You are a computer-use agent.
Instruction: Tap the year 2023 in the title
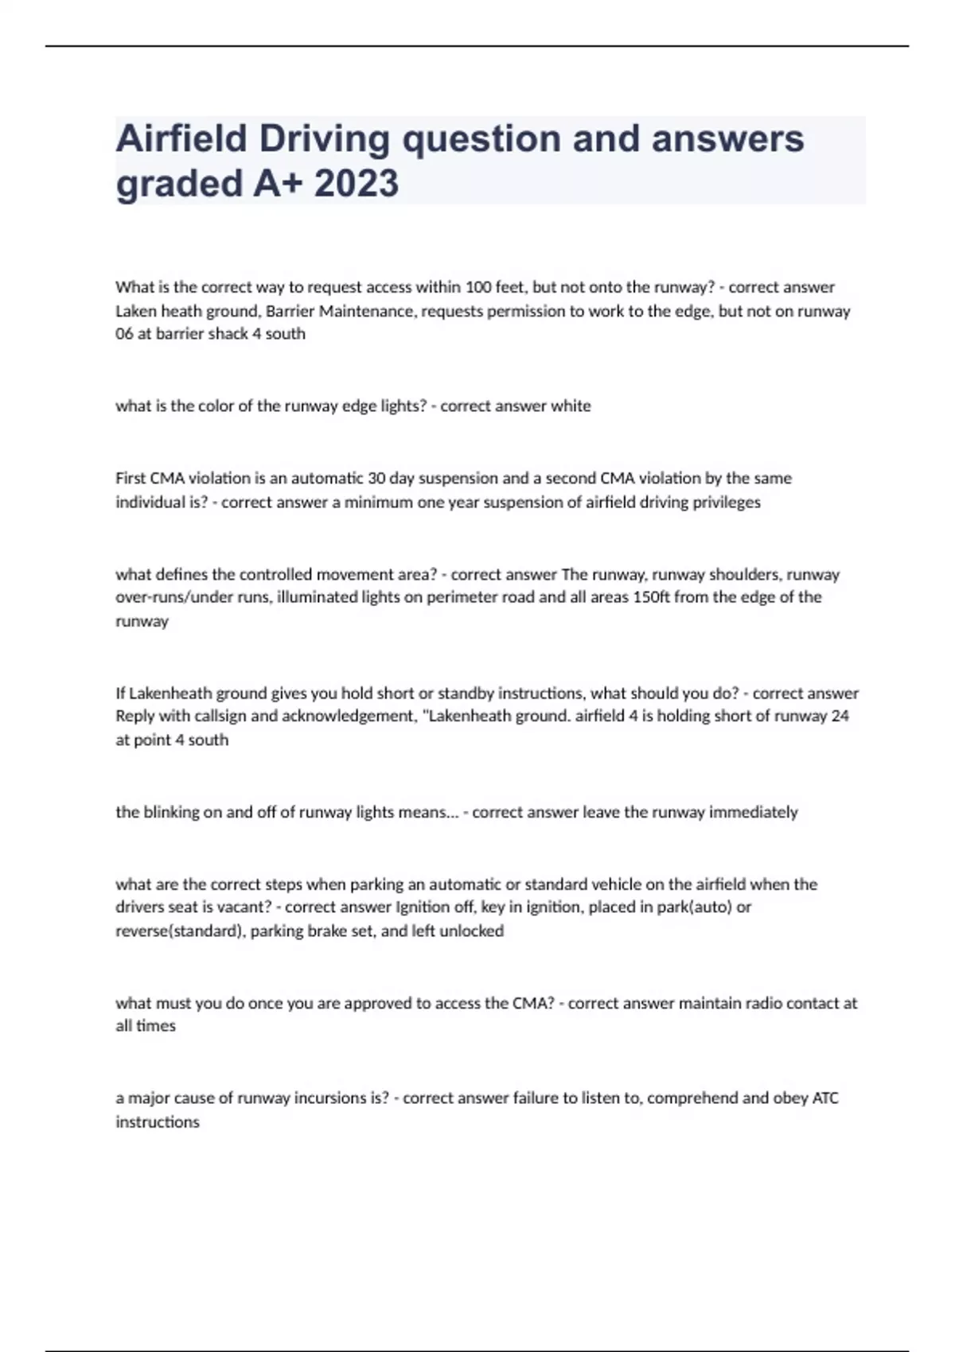click(357, 184)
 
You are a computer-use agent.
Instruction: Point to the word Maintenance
click(367, 311)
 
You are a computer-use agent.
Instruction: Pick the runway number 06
click(124, 334)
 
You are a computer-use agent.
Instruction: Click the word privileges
click(727, 503)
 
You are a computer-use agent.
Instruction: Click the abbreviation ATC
click(824, 1098)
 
